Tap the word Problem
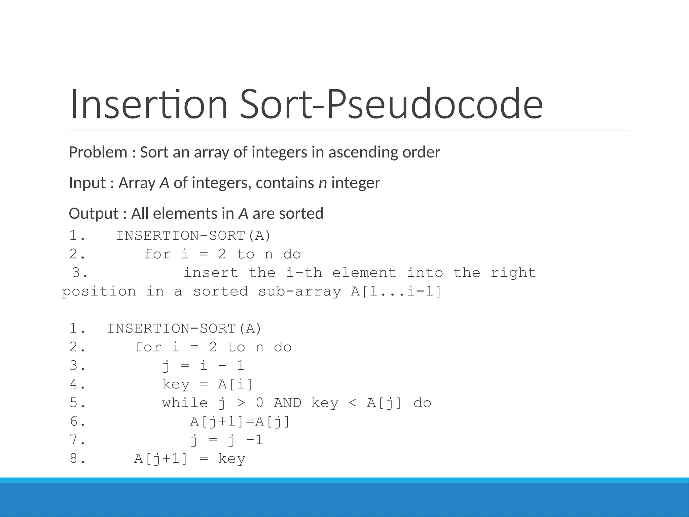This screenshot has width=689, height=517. click(98, 152)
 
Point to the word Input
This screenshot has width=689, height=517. click(87, 183)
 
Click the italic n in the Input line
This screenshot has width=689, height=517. click(323, 183)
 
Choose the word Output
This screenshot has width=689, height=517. click(94, 214)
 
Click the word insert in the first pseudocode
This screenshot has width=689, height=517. click(211, 273)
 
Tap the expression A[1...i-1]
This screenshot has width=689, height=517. click(396, 291)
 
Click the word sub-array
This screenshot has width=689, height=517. click(299, 291)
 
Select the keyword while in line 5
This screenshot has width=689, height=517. click(185, 403)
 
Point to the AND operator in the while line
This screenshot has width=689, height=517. click(287, 403)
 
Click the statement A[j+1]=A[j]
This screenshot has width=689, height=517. click(240, 421)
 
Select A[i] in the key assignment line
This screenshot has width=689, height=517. click(235, 384)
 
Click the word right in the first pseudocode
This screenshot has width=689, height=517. click(513, 273)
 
